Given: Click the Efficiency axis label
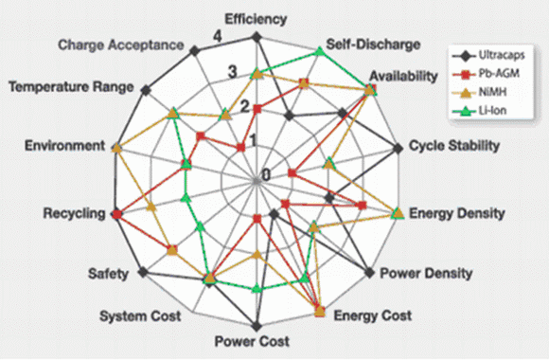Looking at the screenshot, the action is tap(256, 20).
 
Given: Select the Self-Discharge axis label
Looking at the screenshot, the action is tap(373, 45).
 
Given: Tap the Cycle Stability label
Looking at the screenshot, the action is tap(454, 146).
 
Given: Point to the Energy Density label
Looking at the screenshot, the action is tap(457, 213).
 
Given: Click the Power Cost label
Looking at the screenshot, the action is tap(252, 341).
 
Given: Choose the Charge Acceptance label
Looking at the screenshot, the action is tap(121, 45).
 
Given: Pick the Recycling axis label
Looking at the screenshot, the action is tap(74, 213).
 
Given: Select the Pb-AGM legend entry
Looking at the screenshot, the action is tap(486, 74).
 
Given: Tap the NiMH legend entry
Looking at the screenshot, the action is tap(479, 92).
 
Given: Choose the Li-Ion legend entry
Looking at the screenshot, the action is tap(479, 111).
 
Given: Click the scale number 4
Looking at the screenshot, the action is tap(218, 36).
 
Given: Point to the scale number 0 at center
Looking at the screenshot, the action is tap(266, 174).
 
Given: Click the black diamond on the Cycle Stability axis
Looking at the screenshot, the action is tap(398, 149).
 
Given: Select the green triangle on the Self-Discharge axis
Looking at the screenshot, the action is tap(319, 51).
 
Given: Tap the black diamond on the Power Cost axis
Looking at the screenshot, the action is tap(257, 326).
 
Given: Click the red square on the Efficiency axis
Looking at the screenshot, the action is tap(257, 109).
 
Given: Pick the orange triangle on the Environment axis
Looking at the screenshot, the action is tap(116, 148).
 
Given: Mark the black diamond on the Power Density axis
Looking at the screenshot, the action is tap(369, 272).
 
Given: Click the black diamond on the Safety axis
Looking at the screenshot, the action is tap(143, 272).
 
